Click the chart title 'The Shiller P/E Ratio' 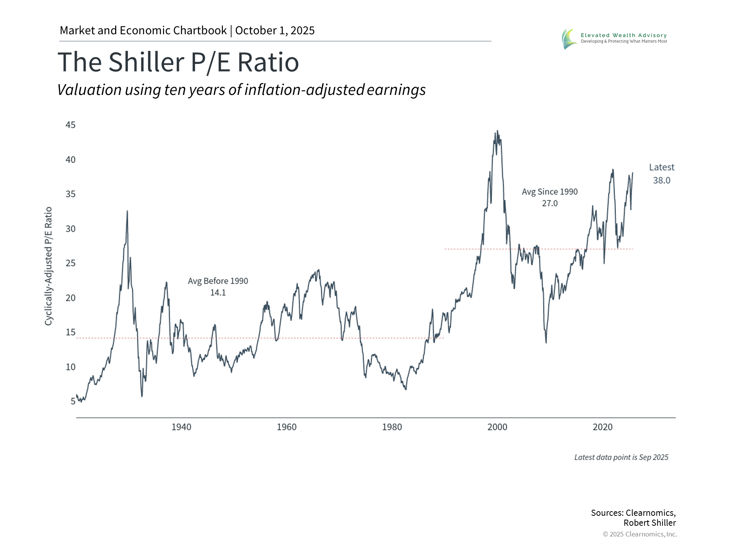(x=178, y=62)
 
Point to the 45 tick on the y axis (x=71, y=125)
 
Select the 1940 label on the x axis (x=181, y=427)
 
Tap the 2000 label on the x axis (x=497, y=427)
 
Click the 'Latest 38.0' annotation (x=661, y=174)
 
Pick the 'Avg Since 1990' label (x=550, y=192)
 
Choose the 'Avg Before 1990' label (x=218, y=281)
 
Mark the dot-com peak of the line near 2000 (x=497, y=131)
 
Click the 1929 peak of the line (x=127, y=211)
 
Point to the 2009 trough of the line (x=546, y=342)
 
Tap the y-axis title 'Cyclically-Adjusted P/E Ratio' (x=48, y=266)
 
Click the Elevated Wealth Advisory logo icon (x=569, y=39)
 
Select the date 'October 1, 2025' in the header (x=275, y=31)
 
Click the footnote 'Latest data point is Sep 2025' (x=621, y=457)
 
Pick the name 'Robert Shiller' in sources (x=650, y=523)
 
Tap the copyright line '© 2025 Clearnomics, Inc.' (x=640, y=534)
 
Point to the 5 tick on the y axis (x=73, y=401)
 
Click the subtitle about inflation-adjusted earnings (x=241, y=90)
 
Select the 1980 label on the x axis (x=392, y=427)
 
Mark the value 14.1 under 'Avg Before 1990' (x=218, y=293)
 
